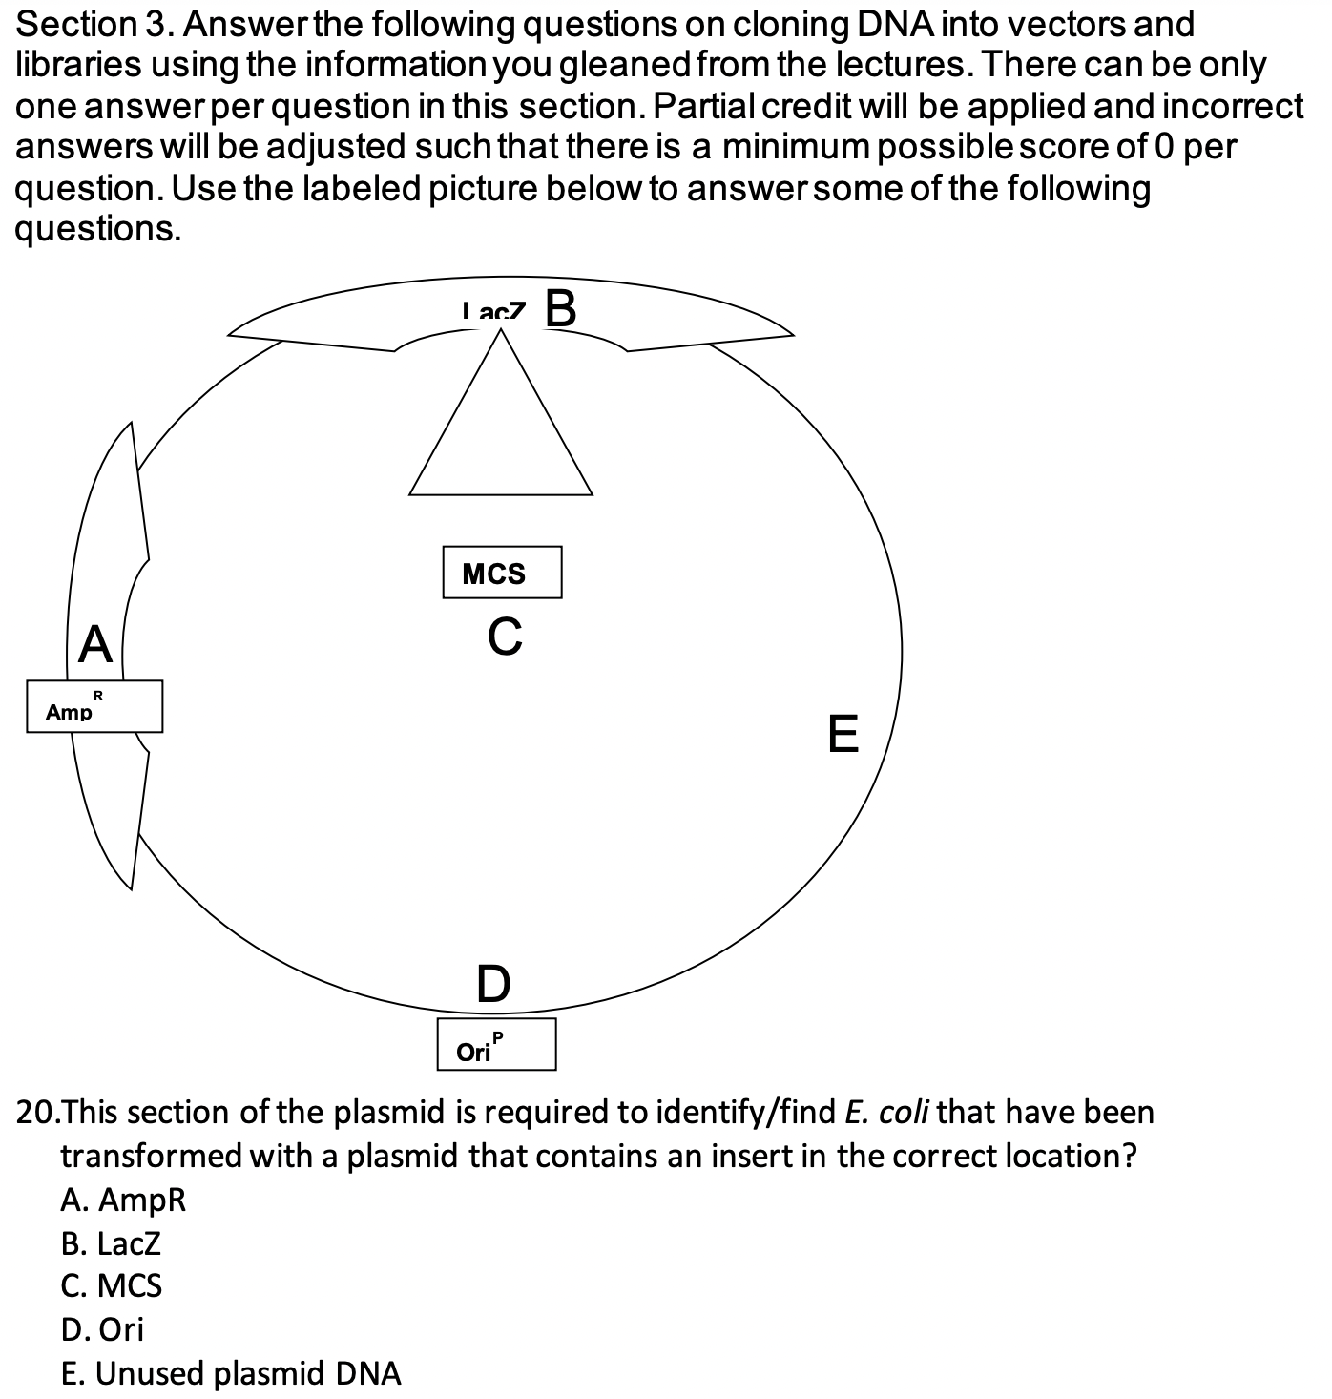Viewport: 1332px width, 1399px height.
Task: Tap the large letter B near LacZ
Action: [561, 308]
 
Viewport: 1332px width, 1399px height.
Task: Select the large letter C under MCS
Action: [505, 637]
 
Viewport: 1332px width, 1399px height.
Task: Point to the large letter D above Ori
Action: [493, 984]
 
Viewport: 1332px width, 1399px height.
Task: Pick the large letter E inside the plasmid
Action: [843, 733]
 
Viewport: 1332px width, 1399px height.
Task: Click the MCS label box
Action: [502, 573]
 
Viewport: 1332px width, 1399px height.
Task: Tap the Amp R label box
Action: [94, 706]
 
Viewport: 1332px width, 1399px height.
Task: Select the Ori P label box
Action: [496, 1044]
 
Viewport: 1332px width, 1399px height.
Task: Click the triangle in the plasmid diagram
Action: [501, 429]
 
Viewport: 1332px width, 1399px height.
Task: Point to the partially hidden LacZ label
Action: [493, 311]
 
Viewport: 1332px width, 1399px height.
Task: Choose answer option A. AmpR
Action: [123, 1200]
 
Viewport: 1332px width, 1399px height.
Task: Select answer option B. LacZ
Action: [111, 1243]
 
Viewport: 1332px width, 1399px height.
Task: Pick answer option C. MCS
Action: [112, 1286]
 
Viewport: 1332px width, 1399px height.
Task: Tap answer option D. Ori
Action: [102, 1329]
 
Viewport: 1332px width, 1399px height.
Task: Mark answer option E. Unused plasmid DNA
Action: [230, 1373]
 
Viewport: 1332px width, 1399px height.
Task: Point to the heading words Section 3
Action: [92, 24]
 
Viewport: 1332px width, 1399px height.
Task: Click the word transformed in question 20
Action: [188, 1156]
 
